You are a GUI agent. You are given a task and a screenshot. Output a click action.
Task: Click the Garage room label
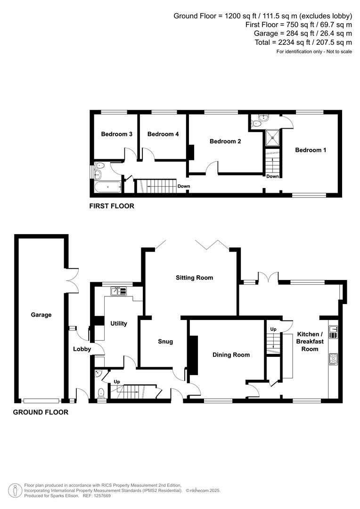tap(41, 315)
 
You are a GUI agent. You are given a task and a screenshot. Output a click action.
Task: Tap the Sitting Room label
tap(194, 278)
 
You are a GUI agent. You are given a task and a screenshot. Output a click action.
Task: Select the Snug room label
tap(165, 342)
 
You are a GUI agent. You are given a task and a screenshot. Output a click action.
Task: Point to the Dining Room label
tap(231, 355)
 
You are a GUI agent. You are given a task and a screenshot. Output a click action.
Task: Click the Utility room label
tap(118, 324)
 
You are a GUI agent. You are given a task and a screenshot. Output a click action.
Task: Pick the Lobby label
tap(82, 349)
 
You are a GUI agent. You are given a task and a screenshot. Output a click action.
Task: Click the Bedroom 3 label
tap(116, 134)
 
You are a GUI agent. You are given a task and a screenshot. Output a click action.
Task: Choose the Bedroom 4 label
tap(163, 134)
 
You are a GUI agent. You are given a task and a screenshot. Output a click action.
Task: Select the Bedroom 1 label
tap(311, 150)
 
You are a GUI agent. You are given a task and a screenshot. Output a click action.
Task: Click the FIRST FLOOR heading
tap(112, 206)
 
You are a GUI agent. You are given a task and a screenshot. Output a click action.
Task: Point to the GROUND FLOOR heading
tap(40, 412)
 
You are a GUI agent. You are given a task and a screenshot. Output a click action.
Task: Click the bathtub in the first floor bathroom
tap(107, 188)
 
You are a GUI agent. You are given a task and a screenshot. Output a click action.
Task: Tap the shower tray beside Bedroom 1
tap(271, 137)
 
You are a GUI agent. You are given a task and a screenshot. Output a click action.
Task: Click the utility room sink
tap(118, 291)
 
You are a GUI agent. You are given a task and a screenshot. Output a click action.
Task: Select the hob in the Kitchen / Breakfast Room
tap(333, 360)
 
